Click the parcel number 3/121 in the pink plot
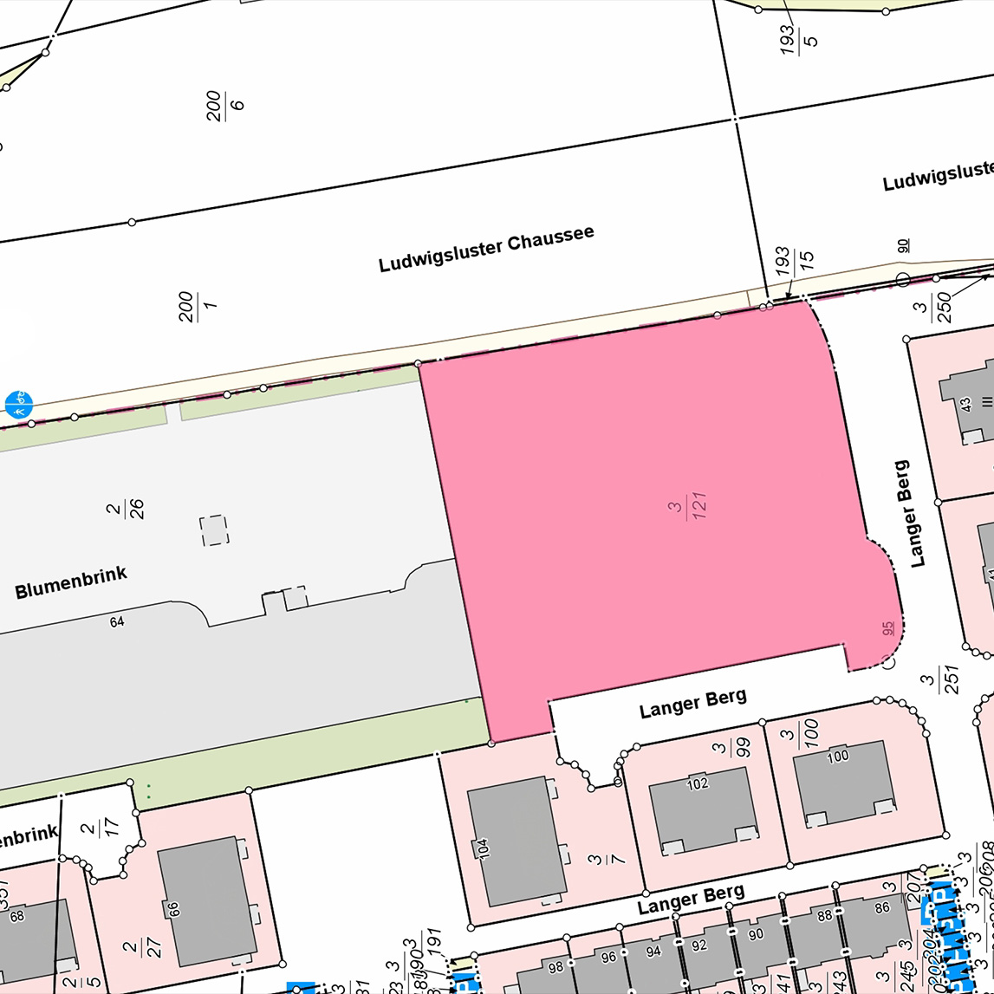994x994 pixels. pyautogui.click(x=689, y=507)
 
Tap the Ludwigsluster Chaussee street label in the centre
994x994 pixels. pyautogui.click(x=486, y=250)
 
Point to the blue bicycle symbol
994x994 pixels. pyautogui.click(x=18, y=403)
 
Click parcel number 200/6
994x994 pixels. pyautogui.click(x=224, y=105)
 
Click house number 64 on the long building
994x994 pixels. pyautogui.click(x=117, y=620)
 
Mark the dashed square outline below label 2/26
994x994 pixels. pyautogui.click(x=214, y=530)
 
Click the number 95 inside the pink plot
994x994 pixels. pyautogui.click(x=887, y=628)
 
